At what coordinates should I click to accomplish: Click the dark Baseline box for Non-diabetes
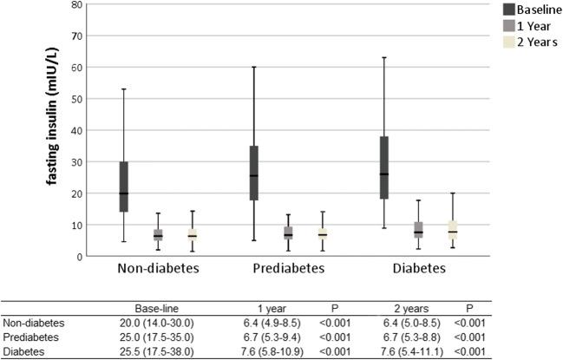click(124, 187)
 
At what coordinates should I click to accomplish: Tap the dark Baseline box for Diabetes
click(383, 167)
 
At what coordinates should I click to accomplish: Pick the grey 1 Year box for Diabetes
click(418, 230)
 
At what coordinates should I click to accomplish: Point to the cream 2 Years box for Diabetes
click(452, 230)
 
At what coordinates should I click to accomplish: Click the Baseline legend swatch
click(508, 9)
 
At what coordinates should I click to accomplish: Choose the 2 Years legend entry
click(535, 42)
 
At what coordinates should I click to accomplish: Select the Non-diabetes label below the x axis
click(157, 269)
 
